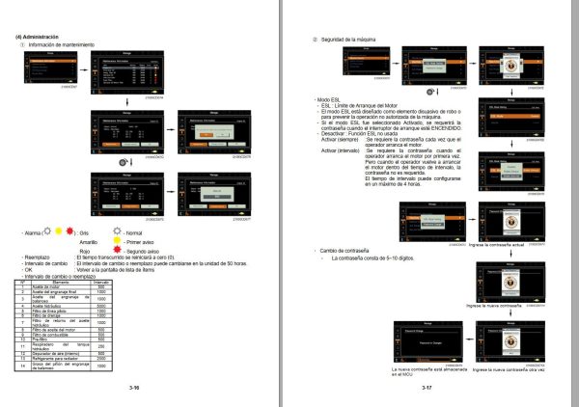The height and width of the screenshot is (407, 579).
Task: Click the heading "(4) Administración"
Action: [x=36, y=37]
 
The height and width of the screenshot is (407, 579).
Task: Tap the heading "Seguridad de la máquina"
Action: [x=356, y=39]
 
